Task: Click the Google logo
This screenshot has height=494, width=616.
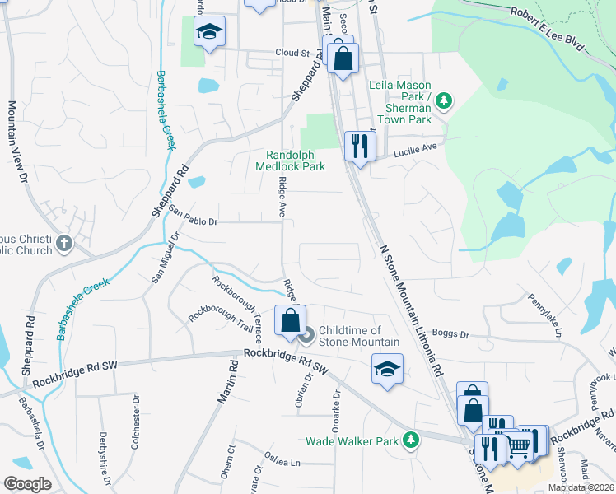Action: (x=26, y=484)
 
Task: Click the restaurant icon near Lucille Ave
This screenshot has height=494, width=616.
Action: (x=359, y=146)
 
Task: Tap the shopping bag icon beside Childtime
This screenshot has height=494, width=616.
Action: (x=290, y=320)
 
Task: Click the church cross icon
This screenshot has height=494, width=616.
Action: (x=64, y=245)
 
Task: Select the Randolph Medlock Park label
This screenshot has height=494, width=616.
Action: (x=296, y=161)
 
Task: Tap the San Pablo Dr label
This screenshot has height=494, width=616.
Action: (x=194, y=217)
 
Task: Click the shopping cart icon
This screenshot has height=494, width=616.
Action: (x=517, y=445)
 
